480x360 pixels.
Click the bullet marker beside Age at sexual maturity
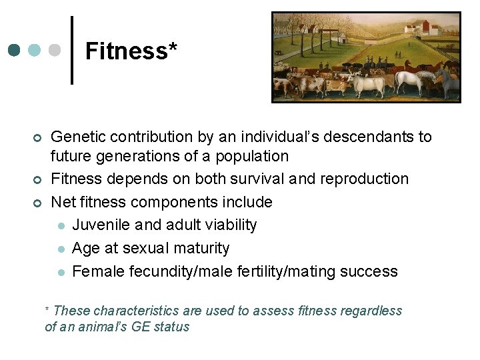[x=60, y=249]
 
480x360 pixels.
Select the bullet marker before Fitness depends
[x=37, y=180]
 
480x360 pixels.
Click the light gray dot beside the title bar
[x=55, y=51]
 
